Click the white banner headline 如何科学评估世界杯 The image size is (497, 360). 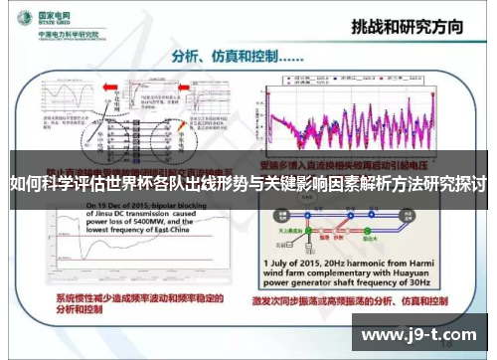coord(248,185)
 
